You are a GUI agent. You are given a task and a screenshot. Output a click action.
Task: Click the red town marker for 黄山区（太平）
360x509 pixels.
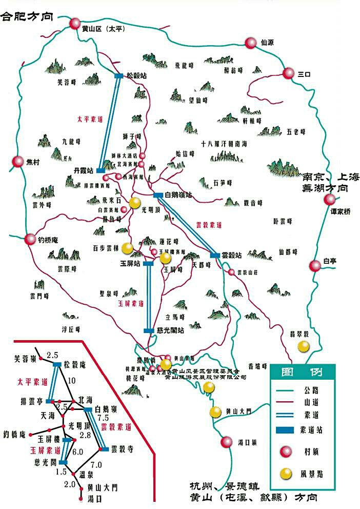(x=75, y=23)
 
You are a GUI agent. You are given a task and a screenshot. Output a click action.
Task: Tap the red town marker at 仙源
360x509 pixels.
(x=250, y=43)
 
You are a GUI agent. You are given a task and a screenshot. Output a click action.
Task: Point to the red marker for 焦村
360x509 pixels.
(x=18, y=162)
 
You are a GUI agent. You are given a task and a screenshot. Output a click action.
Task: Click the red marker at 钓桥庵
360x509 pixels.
(x=29, y=239)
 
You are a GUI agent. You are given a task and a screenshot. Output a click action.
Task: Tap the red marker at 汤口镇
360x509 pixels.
(x=226, y=442)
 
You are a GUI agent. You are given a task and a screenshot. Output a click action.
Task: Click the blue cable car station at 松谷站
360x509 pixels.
(x=119, y=75)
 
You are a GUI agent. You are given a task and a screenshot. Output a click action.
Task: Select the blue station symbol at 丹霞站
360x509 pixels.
(x=101, y=170)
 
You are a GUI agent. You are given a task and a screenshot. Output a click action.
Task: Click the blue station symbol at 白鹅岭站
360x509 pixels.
(x=158, y=195)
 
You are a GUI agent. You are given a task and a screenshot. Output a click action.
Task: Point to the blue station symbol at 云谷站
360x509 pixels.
(x=215, y=255)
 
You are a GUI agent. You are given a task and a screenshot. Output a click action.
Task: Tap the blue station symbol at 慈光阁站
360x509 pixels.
(x=149, y=330)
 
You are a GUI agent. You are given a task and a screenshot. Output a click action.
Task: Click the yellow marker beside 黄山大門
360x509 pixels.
(x=215, y=412)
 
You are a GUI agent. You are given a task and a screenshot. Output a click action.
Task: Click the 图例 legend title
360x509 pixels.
(x=302, y=371)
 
